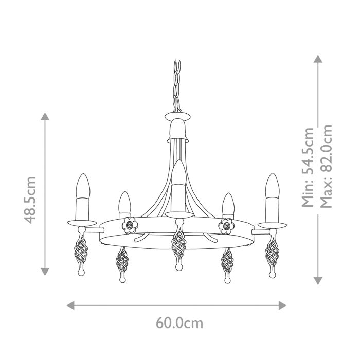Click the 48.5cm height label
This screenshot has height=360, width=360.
coord(31,200)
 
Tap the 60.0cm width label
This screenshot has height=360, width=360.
coord(179,323)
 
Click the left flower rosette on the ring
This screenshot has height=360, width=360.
coord(129,225)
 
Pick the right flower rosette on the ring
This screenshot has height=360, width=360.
coord(226,225)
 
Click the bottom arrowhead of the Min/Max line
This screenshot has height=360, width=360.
coord(318,280)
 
